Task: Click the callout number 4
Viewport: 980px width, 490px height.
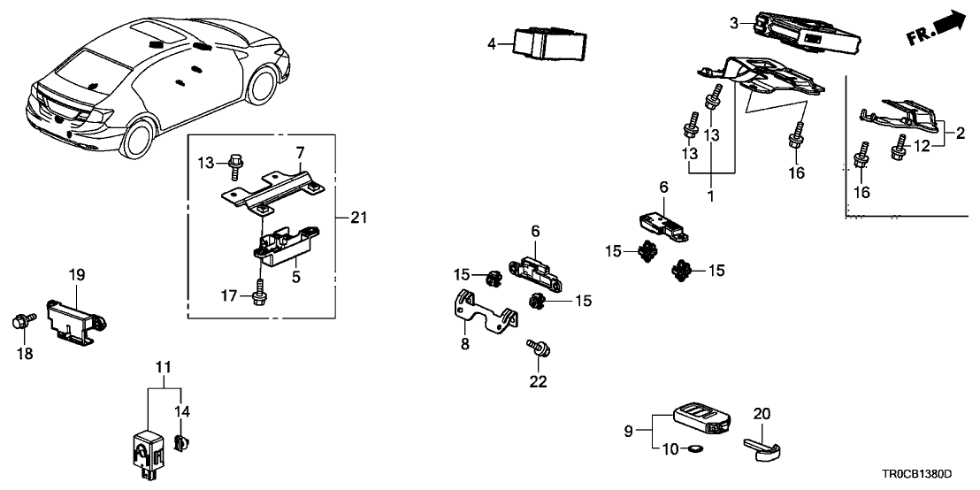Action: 493,42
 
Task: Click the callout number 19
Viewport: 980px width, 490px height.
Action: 76,275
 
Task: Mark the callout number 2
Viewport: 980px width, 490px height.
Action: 960,134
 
